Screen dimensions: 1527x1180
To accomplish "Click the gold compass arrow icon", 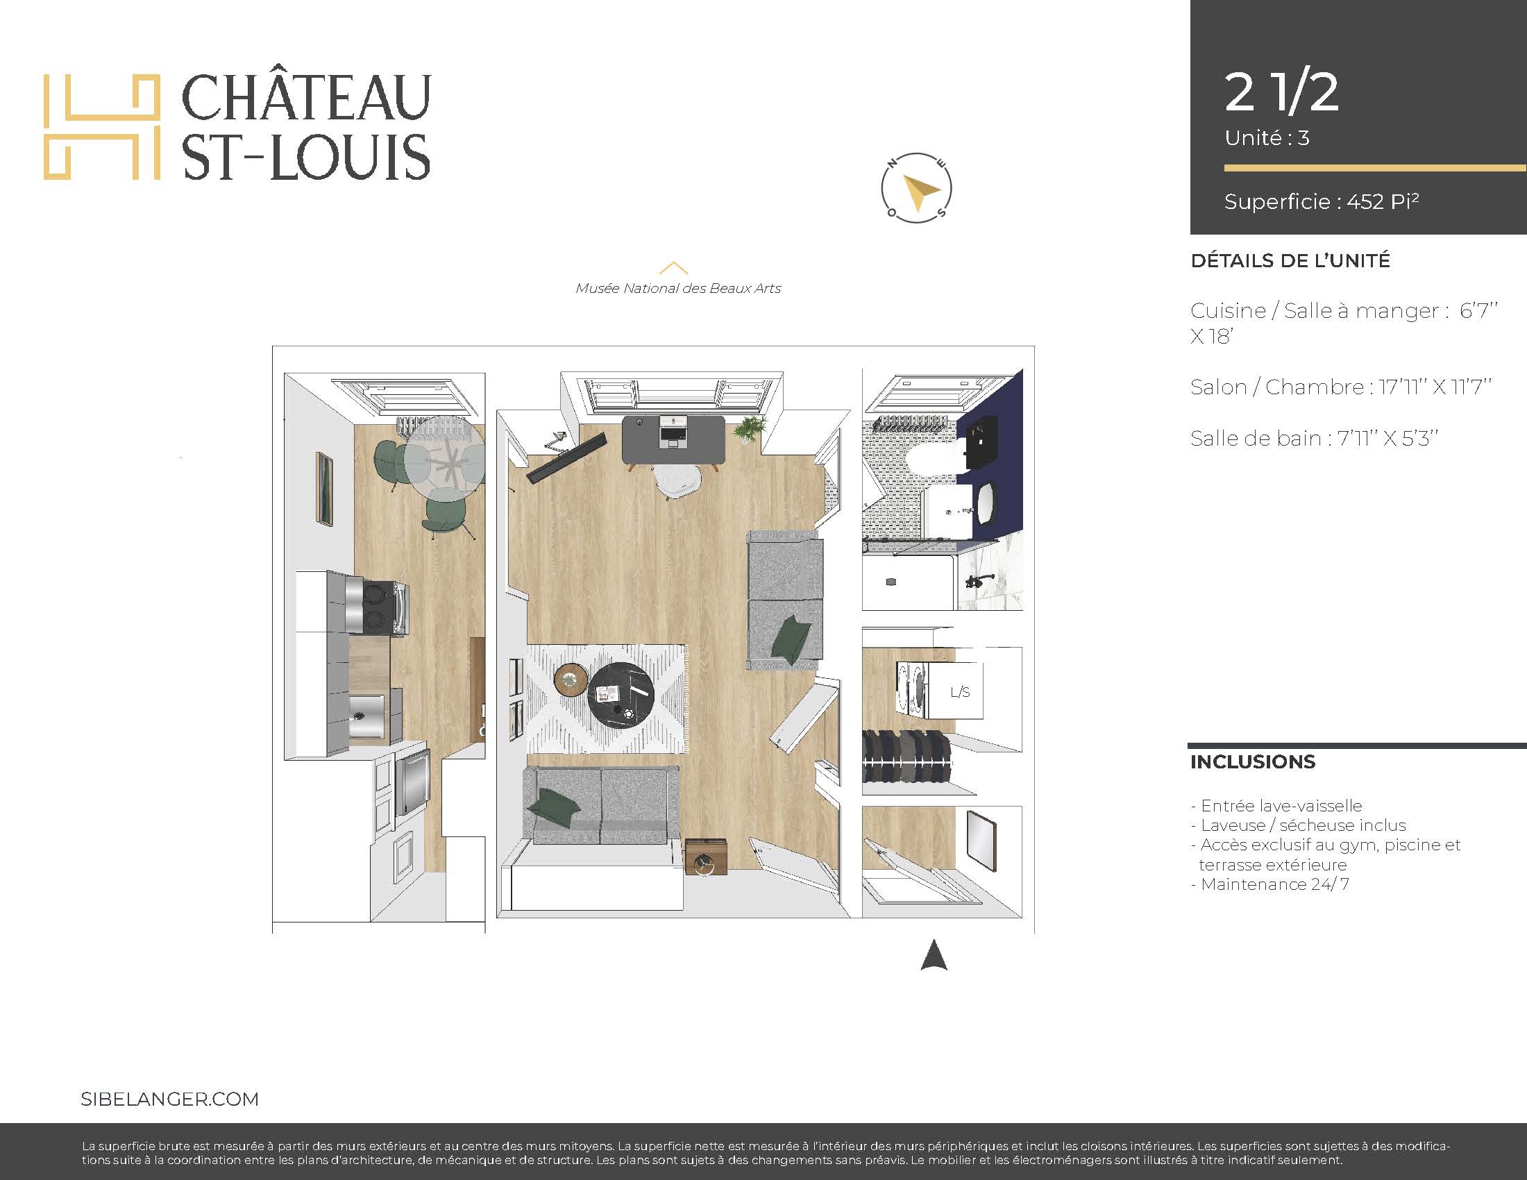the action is tap(921, 193).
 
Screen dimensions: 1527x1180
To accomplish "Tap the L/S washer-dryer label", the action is tap(960, 692).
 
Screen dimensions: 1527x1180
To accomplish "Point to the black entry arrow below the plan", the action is tap(934, 956).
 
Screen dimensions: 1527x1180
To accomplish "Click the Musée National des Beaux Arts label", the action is tap(678, 288).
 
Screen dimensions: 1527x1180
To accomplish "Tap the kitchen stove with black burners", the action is tap(378, 607).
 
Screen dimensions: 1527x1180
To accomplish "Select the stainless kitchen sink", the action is tap(368, 716).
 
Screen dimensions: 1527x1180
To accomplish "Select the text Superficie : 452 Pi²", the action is tap(1322, 201).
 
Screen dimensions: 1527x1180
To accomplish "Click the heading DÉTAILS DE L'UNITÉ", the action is tap(1290, 261).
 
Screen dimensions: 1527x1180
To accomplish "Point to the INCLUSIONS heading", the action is tap(1253, 762).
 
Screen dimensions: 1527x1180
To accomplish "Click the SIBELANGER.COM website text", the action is tap(170, 1099).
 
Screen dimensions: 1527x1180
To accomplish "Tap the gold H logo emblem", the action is tap(102, 126).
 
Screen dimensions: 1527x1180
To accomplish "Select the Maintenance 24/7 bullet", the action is tap(1269, 884).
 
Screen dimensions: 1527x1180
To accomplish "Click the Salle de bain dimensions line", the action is tap(1314, 438).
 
